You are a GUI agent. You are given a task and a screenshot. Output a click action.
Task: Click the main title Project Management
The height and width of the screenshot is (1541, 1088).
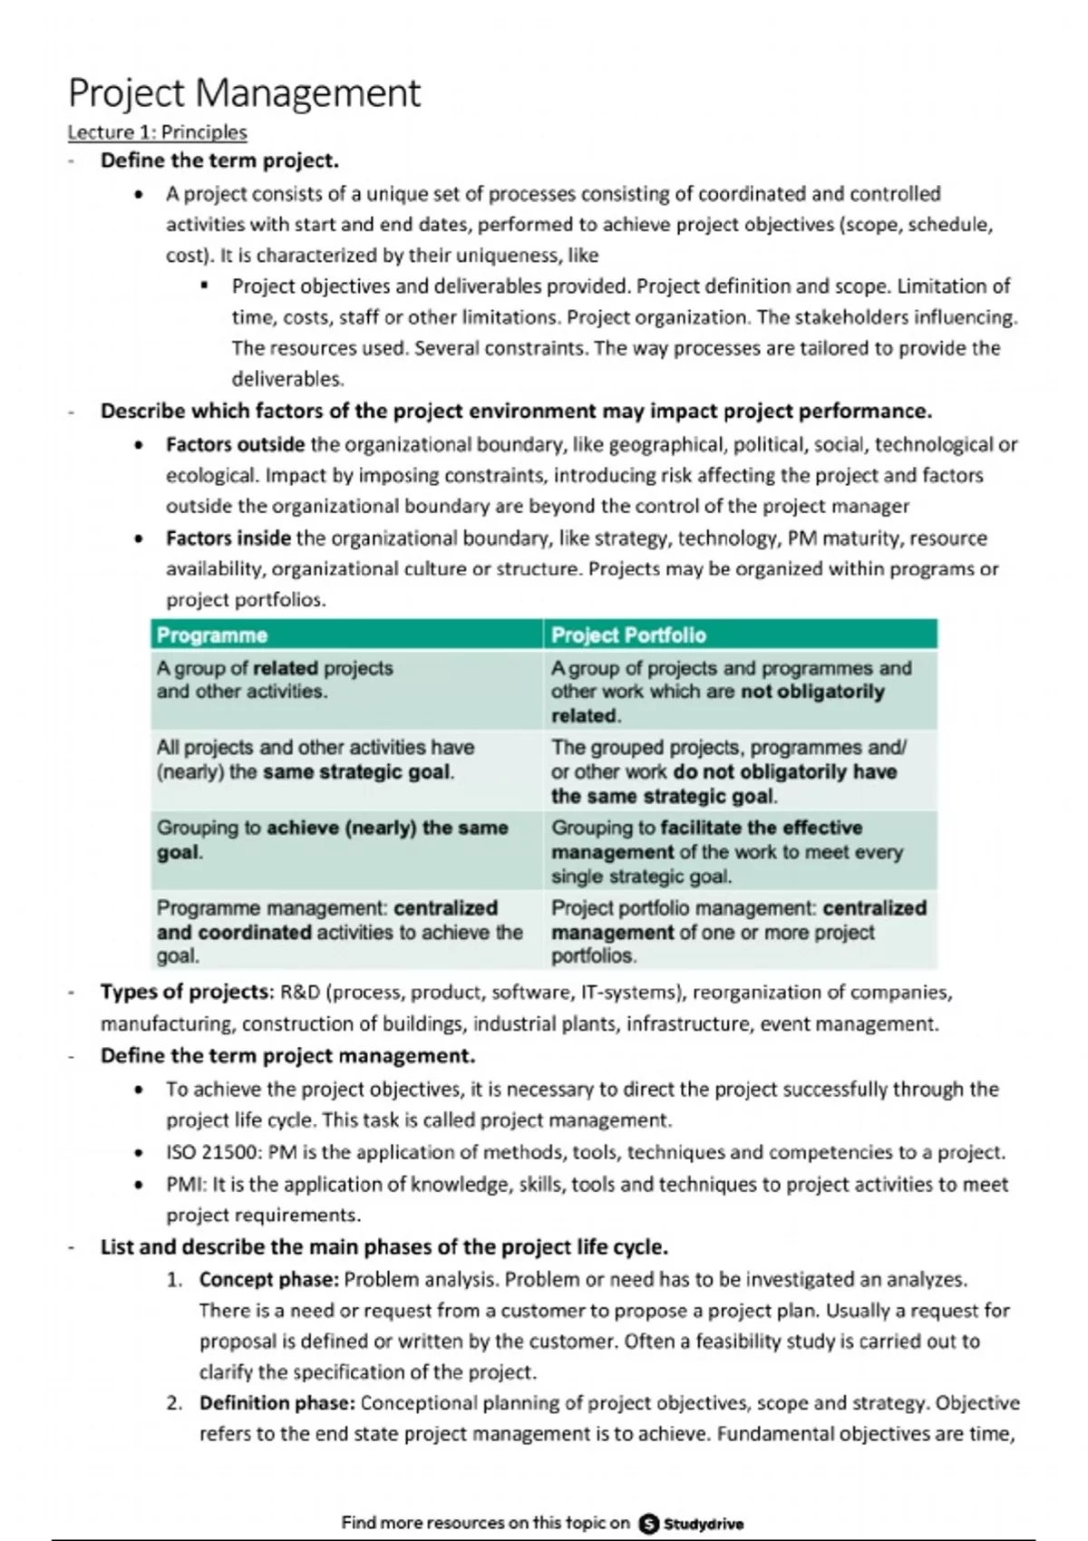[x=245, y=92]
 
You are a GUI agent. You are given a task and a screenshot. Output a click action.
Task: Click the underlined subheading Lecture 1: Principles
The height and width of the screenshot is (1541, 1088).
[x=157, y=132]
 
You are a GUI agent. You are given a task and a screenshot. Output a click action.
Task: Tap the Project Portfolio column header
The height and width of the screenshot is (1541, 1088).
[x=628, y=635]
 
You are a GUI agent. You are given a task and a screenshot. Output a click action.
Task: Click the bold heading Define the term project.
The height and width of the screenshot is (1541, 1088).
[x=219, y=160]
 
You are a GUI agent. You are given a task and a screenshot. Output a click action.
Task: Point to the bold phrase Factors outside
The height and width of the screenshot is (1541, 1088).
[x=235, y=444]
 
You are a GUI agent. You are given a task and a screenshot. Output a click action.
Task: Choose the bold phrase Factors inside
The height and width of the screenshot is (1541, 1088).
[x=228, y=538]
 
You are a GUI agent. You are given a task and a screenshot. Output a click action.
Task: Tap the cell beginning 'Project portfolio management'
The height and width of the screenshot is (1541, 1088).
[x=739, y=931]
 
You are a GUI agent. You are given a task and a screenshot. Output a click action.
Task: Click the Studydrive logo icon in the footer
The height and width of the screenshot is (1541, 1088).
[x=649, y=1523]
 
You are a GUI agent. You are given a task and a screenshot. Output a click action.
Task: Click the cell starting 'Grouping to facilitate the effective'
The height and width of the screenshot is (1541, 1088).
[x=739, y=851]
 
